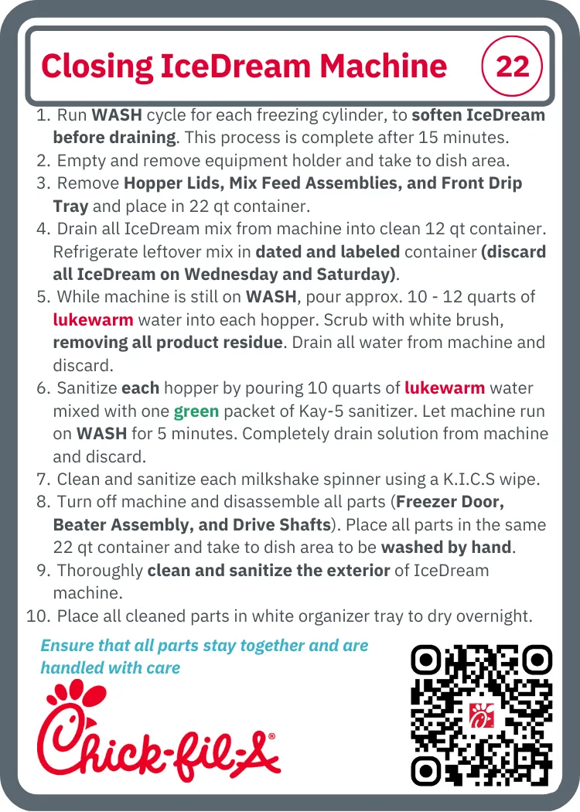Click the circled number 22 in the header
pos(512,66)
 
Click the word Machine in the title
pos(383,67)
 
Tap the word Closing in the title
pos(97,67)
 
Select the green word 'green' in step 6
pos(196,411)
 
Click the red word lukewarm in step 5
pos(94,319)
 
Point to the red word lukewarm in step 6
pos(445,388)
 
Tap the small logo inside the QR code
pos(482,716)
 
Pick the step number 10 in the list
pos(39,616)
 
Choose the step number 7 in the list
pos(43,479)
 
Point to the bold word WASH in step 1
pos(117,115)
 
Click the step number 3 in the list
pos(43,183)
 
